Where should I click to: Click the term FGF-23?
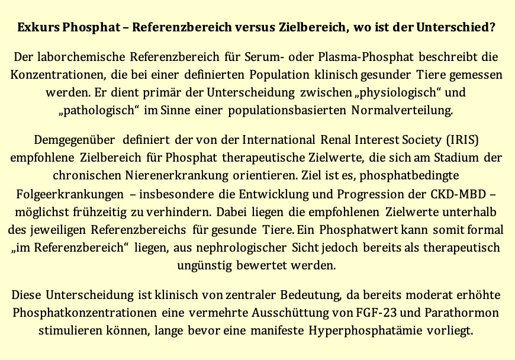pos(382,312)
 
